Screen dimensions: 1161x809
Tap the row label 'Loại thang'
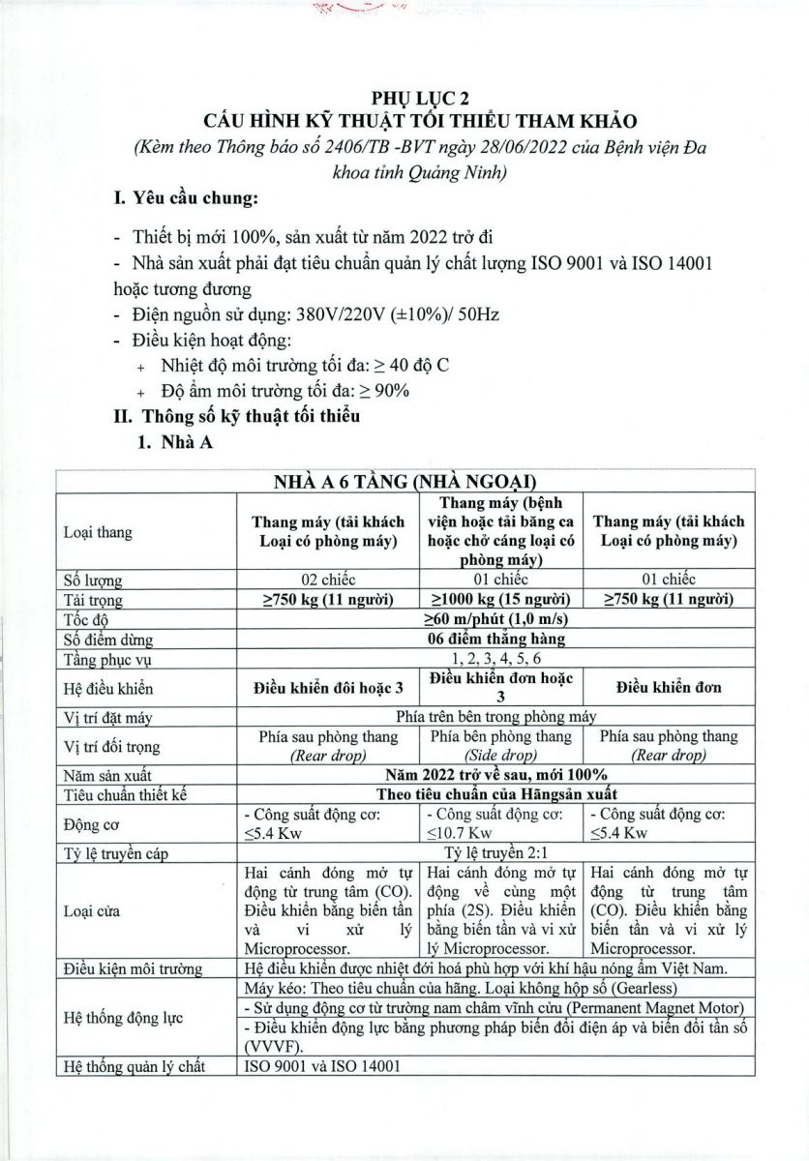coord(98,533)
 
